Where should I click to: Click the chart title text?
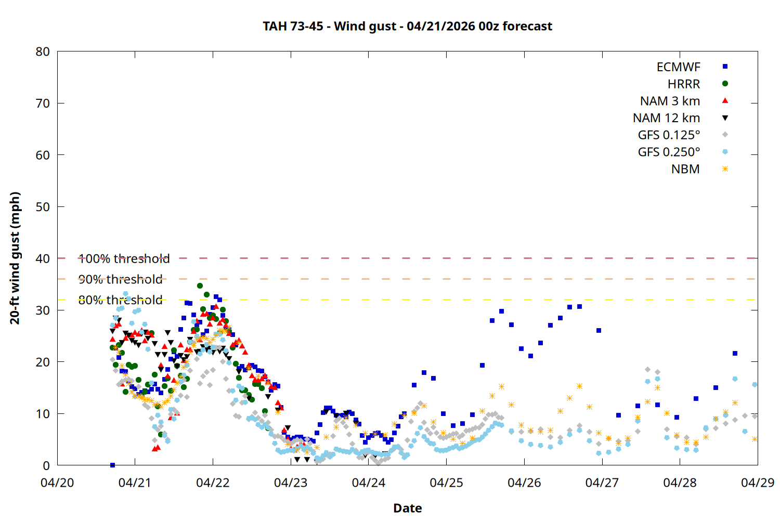(x=407, y=26)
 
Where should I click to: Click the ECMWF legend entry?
(x=678, y=67)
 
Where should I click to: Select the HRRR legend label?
(x=684, y=84)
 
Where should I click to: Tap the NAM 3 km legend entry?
(x=670, y=101)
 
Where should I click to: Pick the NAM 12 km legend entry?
(x=666, y=118)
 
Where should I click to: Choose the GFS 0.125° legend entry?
(x=669, y=135)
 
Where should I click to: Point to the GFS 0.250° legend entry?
(x=669, y=152)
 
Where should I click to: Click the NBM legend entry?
(x=685, y=169)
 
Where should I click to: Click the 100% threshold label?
(x=124, y=258)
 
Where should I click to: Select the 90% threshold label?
(x=120, y=279)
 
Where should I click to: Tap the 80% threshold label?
(x=120, y=300)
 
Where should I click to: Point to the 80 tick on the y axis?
(x=43, y=51)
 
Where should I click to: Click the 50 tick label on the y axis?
(x=43, y=207)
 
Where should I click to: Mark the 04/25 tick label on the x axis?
(x=446, y=483)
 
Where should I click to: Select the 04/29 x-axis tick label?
(x=757, y=483)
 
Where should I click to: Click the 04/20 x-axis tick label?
(x=57, y=483)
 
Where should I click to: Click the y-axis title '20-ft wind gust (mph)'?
(x=15, y=258)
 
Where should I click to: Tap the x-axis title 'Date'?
(x=407, y=508)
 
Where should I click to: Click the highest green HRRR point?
(x=200, y=285)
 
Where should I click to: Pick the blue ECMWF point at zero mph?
(x=112, y=465)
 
